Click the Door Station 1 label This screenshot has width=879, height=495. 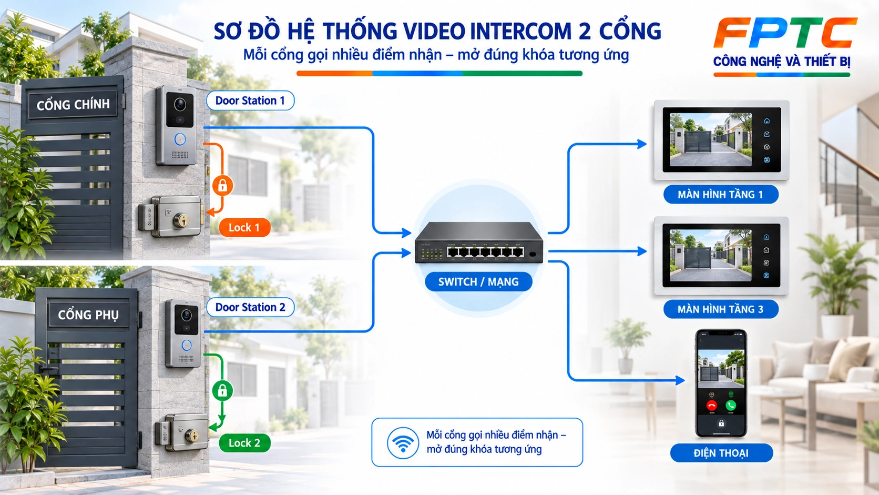[x=250, y=100]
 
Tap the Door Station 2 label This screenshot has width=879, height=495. [x=250, y=307]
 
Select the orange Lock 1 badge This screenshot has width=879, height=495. [x=244, y=228]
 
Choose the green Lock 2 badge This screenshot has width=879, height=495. [x=244, y=443]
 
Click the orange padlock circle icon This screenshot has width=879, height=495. [x=222, y=185]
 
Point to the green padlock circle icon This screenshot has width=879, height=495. [x=222, y=391]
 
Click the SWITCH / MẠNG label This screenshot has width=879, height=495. [x=478, y=282]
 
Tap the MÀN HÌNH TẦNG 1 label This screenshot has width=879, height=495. [x=721, y=194]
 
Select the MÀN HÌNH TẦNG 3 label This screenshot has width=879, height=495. [x=721, y=309]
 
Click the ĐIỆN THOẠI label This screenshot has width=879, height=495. [x=722, y=453]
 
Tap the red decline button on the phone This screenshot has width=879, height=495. [x=711, y=406]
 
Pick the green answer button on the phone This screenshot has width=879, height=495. [x=731, y=406]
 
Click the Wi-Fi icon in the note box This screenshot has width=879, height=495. [x=403, y=443]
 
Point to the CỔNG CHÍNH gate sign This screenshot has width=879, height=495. [x=73, y=105]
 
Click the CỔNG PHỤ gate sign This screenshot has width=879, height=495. [x=88, y=315]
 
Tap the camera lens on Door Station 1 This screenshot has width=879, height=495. [x=180, y=105]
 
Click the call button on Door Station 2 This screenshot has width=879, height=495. [x=187, y=346]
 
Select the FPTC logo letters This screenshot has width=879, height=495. [x=785, y=33]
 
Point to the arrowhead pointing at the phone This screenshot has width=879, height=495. [x=680, y=380]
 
